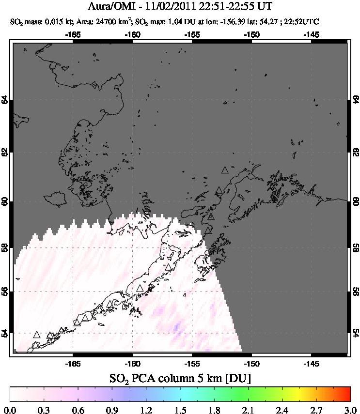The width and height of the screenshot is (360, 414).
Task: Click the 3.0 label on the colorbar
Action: [349, 406]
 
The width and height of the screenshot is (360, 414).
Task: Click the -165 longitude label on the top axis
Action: [73, 34]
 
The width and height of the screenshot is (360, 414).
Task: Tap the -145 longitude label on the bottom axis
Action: [311, 361]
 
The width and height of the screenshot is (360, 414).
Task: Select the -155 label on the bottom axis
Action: [192, 361]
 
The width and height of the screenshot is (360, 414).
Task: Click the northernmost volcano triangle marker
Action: [224, 170]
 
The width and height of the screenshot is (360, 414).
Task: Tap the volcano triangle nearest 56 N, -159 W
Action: [140, 288]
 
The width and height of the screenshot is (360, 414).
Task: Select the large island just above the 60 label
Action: [54, 198]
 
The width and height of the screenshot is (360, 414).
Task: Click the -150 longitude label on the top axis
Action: [251, 34]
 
